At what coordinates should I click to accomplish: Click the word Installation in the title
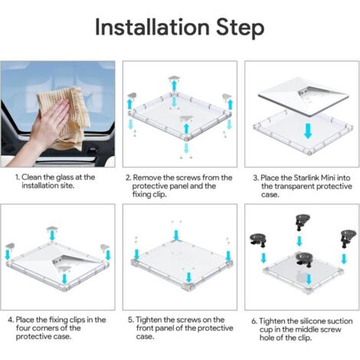coord(152,28)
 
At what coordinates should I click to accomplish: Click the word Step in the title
coord(241,28)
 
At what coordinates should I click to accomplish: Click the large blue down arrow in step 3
coord(308,131)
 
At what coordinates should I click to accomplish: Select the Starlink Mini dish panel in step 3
coord(303,97)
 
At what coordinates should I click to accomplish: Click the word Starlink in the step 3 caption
coord(306,178)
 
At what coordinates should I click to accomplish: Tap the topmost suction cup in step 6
coord(303,222)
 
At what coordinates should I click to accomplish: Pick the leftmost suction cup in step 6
coord(258,241)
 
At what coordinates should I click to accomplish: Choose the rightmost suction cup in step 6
coord(348,238)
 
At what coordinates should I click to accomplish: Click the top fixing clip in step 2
coord(175,78)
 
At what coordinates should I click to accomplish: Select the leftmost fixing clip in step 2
coord(132,96)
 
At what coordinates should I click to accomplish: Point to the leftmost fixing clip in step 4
coord(10,246)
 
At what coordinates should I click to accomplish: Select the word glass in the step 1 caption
coord(66,178)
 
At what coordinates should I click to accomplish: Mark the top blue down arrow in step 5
coord(176,235)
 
